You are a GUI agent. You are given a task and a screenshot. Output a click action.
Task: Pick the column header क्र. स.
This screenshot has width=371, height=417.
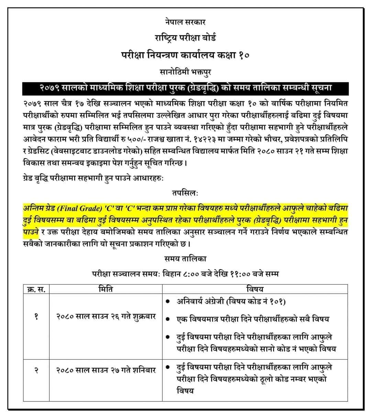click(x=36, y=289)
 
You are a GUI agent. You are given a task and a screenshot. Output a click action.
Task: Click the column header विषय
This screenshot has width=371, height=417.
click(x=255, y=289)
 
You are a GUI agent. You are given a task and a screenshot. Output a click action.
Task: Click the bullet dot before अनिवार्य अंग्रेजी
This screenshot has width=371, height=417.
click(x=167, y=302)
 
